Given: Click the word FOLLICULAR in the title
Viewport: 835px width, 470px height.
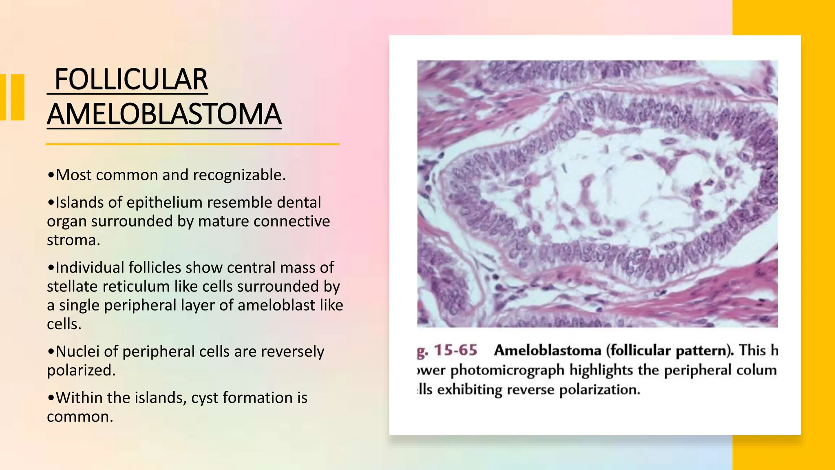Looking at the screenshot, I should [x=131, y=80].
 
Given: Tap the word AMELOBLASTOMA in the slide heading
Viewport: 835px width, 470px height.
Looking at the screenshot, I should [x=164, y=114].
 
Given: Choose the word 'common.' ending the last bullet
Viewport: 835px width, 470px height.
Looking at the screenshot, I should [x=80, y=417].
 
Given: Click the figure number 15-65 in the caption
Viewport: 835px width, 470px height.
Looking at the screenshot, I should [x=455, y=350].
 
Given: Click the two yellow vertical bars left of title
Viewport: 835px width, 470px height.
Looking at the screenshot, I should [x=12, y=97].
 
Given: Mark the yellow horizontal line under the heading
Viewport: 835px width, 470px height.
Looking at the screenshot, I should [x=192, y=144].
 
